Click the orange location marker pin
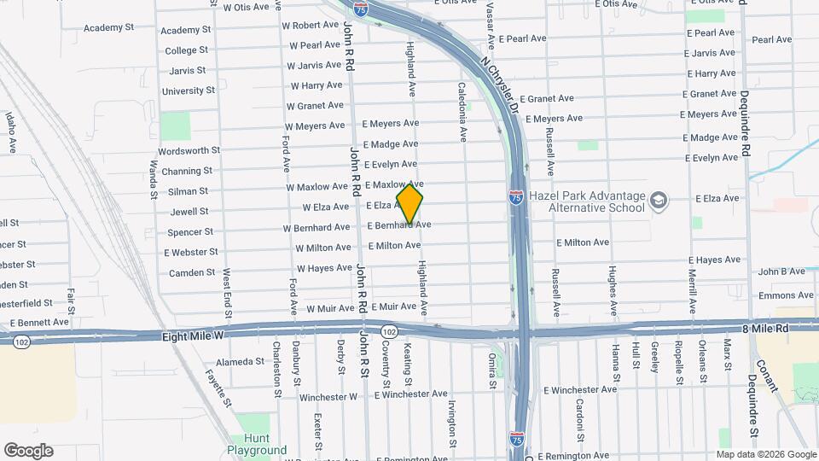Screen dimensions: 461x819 pos(409,204)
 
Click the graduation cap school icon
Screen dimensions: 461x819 pos(658,201)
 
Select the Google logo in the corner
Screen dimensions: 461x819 pos(28,451)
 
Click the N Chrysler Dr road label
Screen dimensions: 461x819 pos(501,86)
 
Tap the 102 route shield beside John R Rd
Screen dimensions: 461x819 pos(389,331)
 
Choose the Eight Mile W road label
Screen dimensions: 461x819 pos(193,337)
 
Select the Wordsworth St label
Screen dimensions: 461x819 pos(189,151)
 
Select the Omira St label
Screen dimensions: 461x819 pos(492,371)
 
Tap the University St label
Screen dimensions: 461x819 pos(189,91)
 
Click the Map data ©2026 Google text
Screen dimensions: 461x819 pos(764,454)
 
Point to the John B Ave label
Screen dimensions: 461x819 pos(781,271)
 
